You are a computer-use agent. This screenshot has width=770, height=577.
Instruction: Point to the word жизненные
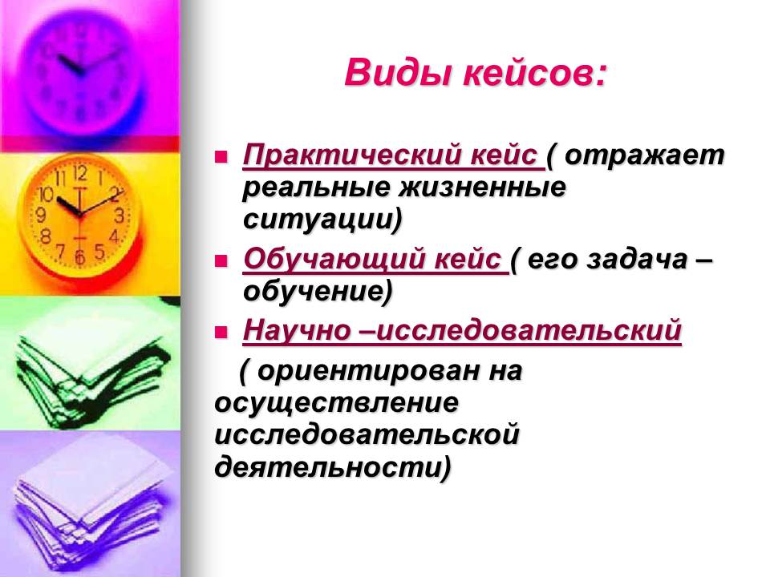coord(482,188)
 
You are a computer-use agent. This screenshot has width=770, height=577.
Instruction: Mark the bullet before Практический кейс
coord(221,157)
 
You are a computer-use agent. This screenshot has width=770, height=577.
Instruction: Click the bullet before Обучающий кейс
coord(221,261)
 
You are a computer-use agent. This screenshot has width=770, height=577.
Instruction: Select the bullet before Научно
coord(221,332)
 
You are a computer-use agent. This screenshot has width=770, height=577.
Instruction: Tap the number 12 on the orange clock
coord(80,173)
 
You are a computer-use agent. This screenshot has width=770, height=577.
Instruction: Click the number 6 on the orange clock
coord(79,256)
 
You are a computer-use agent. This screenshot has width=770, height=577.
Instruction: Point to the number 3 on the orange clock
coord(120,215)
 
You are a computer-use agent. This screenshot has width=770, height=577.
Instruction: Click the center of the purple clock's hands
coord(82,72)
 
